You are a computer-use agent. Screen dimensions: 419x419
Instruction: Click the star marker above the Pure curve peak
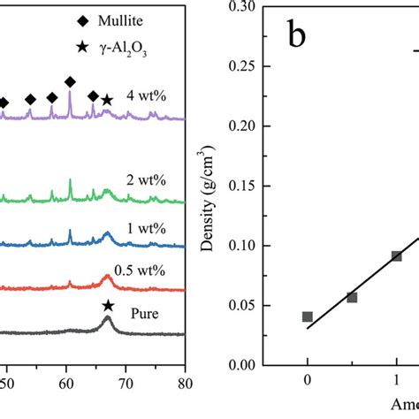pos(108,306)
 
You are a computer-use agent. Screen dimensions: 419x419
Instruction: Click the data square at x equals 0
pos(307,316)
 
